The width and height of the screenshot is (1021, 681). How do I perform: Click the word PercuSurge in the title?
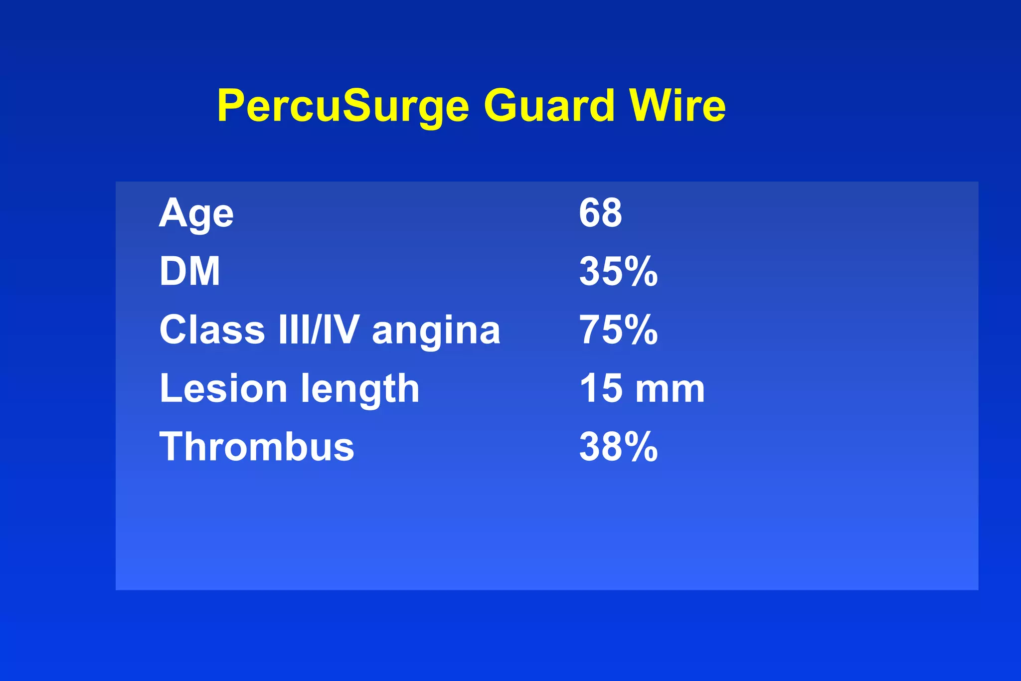343,106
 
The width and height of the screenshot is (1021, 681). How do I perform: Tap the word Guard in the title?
549,106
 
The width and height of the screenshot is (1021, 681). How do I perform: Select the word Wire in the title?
678,106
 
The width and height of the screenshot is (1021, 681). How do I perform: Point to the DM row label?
189,272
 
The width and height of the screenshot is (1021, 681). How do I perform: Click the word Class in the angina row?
212,330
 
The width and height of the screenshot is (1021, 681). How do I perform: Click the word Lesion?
223,388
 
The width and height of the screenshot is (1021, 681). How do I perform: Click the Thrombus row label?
257,447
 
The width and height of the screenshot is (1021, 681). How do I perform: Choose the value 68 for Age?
600,213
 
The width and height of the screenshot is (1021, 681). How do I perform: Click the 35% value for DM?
618,272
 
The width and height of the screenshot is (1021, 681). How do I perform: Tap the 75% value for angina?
618,330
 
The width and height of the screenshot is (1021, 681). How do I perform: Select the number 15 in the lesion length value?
600,388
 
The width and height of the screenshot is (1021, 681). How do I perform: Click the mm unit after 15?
670,390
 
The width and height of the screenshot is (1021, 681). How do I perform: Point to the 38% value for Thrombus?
618,447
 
